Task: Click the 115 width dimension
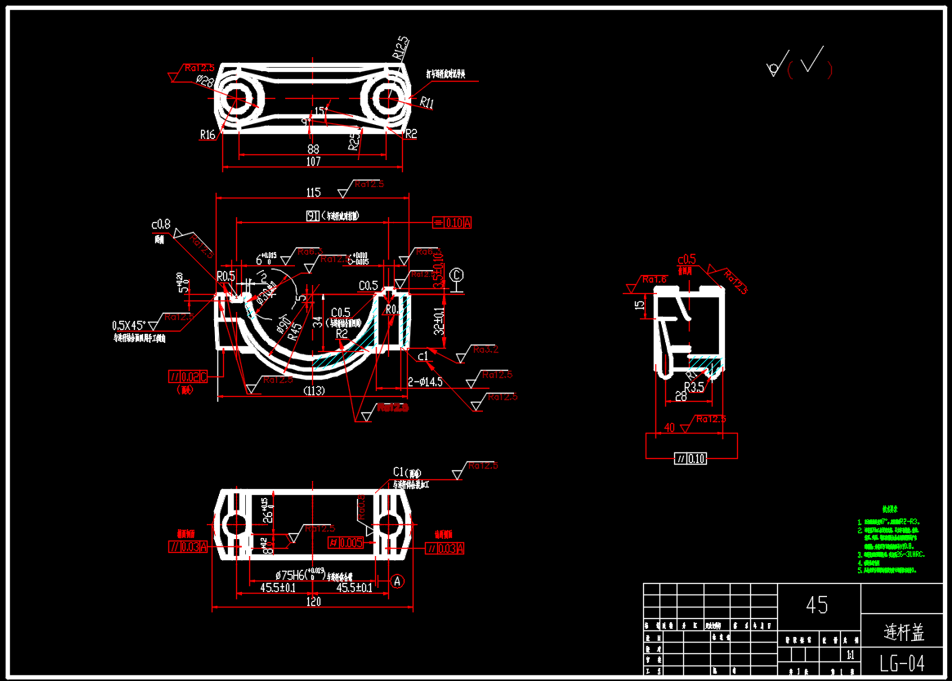(313, 193)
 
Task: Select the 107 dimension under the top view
(313, 162)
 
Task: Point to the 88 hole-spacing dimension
(313, 149)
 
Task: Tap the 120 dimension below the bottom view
(313, 601)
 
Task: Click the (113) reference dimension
(314, 391)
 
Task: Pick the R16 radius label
(208, 135)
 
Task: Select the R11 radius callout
(427, 103)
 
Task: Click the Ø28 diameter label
(204, 82)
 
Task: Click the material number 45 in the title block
(817, 605)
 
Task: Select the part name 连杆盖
(904, 632)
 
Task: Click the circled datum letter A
(397, 581)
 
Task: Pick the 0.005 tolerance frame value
(351, 542)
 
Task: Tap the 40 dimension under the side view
(669, 427)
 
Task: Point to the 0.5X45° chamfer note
(136, 325)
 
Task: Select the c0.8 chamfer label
(160, 224)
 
